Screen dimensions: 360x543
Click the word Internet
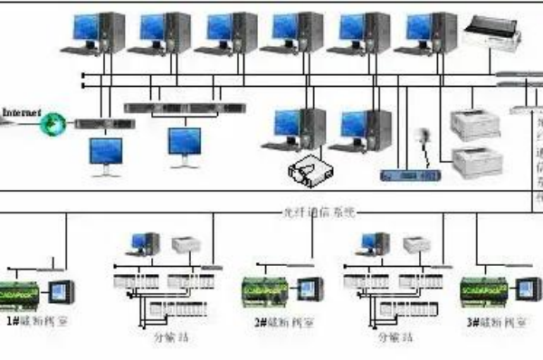[x=22, y=112]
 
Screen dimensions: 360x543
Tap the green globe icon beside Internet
[x=57, y=120]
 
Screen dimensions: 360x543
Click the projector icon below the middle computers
[x=308, y=168]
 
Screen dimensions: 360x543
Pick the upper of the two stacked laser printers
[x=477, y=127]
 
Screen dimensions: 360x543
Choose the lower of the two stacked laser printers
[x=477, y=160]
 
